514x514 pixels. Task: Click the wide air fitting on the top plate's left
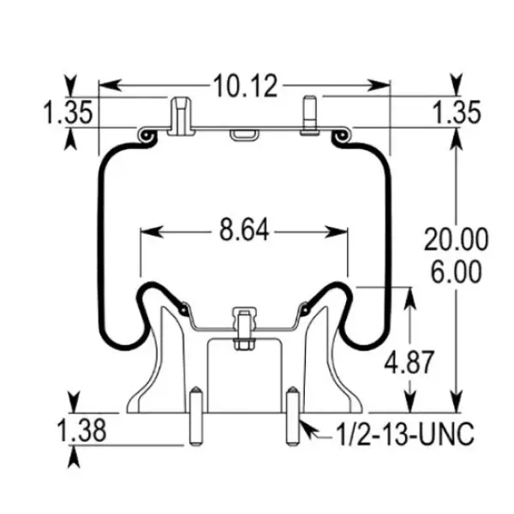pos(179,117)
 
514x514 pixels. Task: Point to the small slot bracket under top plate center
pos(244,134)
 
